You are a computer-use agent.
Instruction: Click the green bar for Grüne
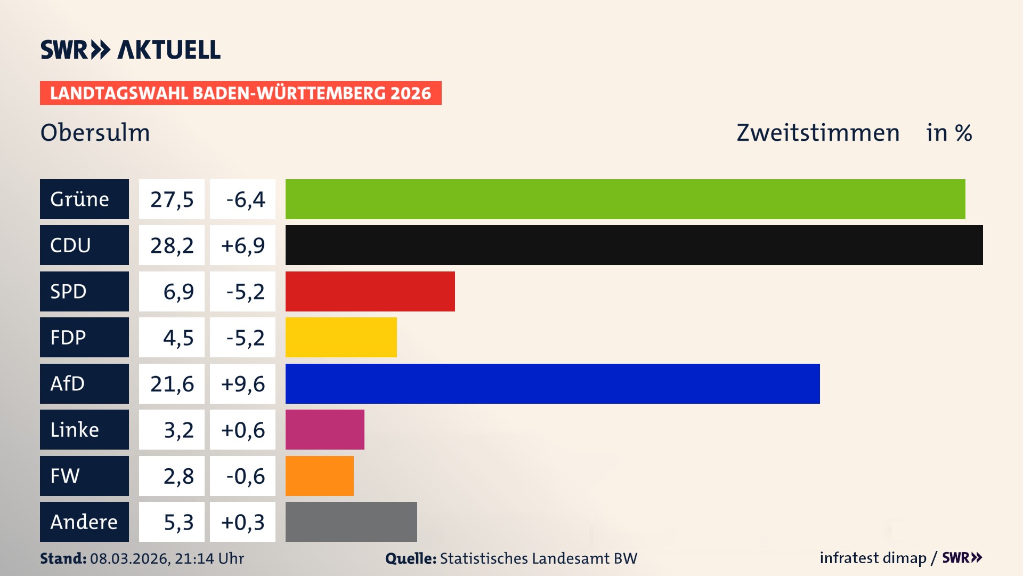pyautogui.click(x=625, y=199)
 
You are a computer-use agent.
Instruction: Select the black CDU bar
pyautogui.click(x=634, y=245)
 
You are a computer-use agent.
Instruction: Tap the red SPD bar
pyautogui.click(x=370, y=291)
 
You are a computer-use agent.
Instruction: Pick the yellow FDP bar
pyautogui.click(x=341, y=337)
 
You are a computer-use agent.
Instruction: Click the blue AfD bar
pyautogui.click(x=553, y=383)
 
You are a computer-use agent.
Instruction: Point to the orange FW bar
pyautogui.click(x=319, y=476)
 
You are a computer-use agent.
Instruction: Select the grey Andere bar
pyautogui.click(x=351, y=522)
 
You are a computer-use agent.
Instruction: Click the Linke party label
pyautogui.click(x=84, y=429)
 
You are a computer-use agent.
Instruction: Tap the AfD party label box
pyautogui.click(x=84, y=383)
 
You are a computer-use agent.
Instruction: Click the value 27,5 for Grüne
pyautogui.click(x=172, y=199)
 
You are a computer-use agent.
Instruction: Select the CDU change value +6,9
pyautogui.click(x=242, y=245)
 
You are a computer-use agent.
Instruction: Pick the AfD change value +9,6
pyautogui.click(x=242, y=384)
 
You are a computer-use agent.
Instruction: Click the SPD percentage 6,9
pyautogui.click(x=178, y=292)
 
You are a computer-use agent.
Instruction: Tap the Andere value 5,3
pyautogui.click(x=178, y=522)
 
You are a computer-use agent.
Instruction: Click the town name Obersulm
pyautogui.click(x=95, y=133)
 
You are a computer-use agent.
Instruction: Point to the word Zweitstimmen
pyautogui.click(x=818, y=133)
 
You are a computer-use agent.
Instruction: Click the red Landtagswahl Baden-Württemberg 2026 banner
pyautogui.click(x=240, y=93)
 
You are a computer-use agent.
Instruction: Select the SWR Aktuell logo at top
pyautogui.click(x=131, y=50)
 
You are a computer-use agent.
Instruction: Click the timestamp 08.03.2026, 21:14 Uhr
pyautogui.click(x=167, y=558)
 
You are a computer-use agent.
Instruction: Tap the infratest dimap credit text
pyautogui.click(x=873, y=558)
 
